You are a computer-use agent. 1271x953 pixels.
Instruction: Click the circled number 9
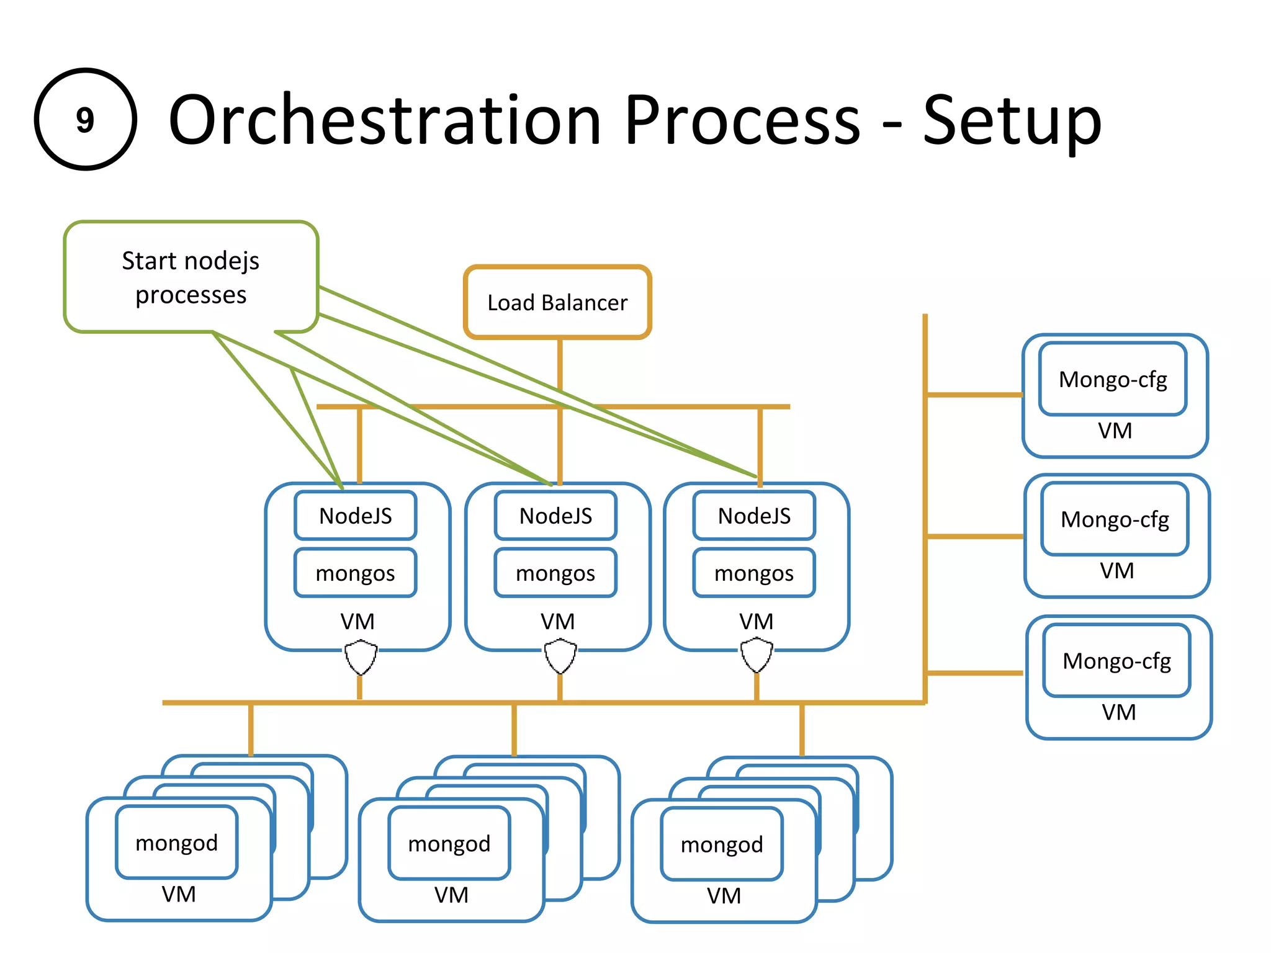(x=85, y=119)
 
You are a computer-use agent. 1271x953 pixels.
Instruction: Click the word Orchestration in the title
(x=385, y=119)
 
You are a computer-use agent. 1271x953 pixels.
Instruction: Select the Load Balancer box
(x=557, y=303)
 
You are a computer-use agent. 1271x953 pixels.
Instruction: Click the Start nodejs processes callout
(x=191, y=277)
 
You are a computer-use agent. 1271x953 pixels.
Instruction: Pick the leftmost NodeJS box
(x=356, y=516)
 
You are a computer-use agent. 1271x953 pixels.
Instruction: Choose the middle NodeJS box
(x=555, y=516)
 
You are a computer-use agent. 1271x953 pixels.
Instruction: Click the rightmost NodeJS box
(x=754, y=516)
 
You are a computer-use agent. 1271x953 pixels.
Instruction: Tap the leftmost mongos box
(x=356, y=573)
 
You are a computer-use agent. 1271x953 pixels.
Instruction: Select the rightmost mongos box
(x=754, y=573)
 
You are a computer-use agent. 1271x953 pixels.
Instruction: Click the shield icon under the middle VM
(x=560, y=656)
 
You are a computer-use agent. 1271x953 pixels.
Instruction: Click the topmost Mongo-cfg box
(x=1113, y=379)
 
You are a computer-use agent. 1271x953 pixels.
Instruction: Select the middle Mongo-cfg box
(x=1115, y=519)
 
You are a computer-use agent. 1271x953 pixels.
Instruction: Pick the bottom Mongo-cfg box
(x=1116, y=661)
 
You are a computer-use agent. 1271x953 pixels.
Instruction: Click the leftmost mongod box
(x=177, y=843)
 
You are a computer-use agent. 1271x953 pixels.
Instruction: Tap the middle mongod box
(x=449, y=844)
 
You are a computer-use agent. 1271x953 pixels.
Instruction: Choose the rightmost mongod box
(x=722, y=844)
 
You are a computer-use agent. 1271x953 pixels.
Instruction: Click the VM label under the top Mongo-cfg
(x=1115, y=431)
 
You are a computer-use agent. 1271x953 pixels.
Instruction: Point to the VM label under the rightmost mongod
(x=724, y=895)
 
